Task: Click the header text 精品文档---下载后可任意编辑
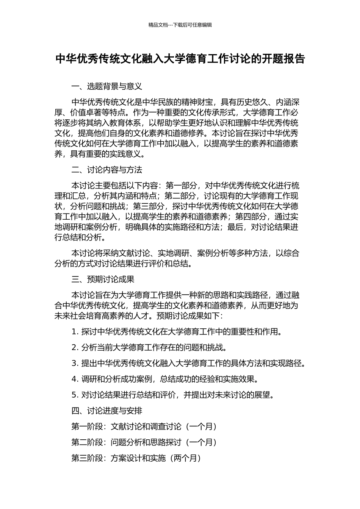(x=180, y=25)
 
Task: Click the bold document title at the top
(x=180, y=59)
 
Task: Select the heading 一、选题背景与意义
(x=106, y=86)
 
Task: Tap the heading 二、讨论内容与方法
(x=106, y=170)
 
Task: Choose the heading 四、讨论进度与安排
(x=106, y=411)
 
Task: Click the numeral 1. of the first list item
(x=75, y=332)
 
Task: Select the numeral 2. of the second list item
(x=75, y=347)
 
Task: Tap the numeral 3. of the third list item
(x=75, y=363)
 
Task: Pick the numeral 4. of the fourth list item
(x=75, y=379)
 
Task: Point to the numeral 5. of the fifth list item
(x=75, y=395)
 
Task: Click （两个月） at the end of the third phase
(x=186, y=458)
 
